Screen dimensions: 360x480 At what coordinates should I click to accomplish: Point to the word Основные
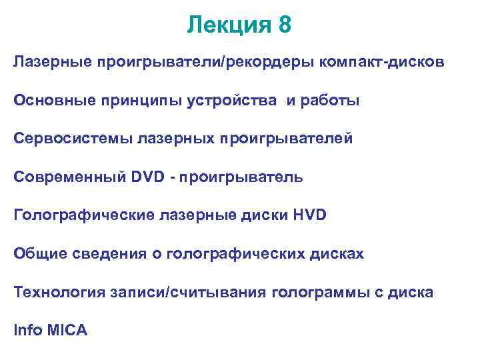(49, 101)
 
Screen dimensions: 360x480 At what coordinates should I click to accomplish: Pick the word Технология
(53, 292)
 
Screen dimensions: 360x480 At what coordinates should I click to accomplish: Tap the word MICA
(67, 331)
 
